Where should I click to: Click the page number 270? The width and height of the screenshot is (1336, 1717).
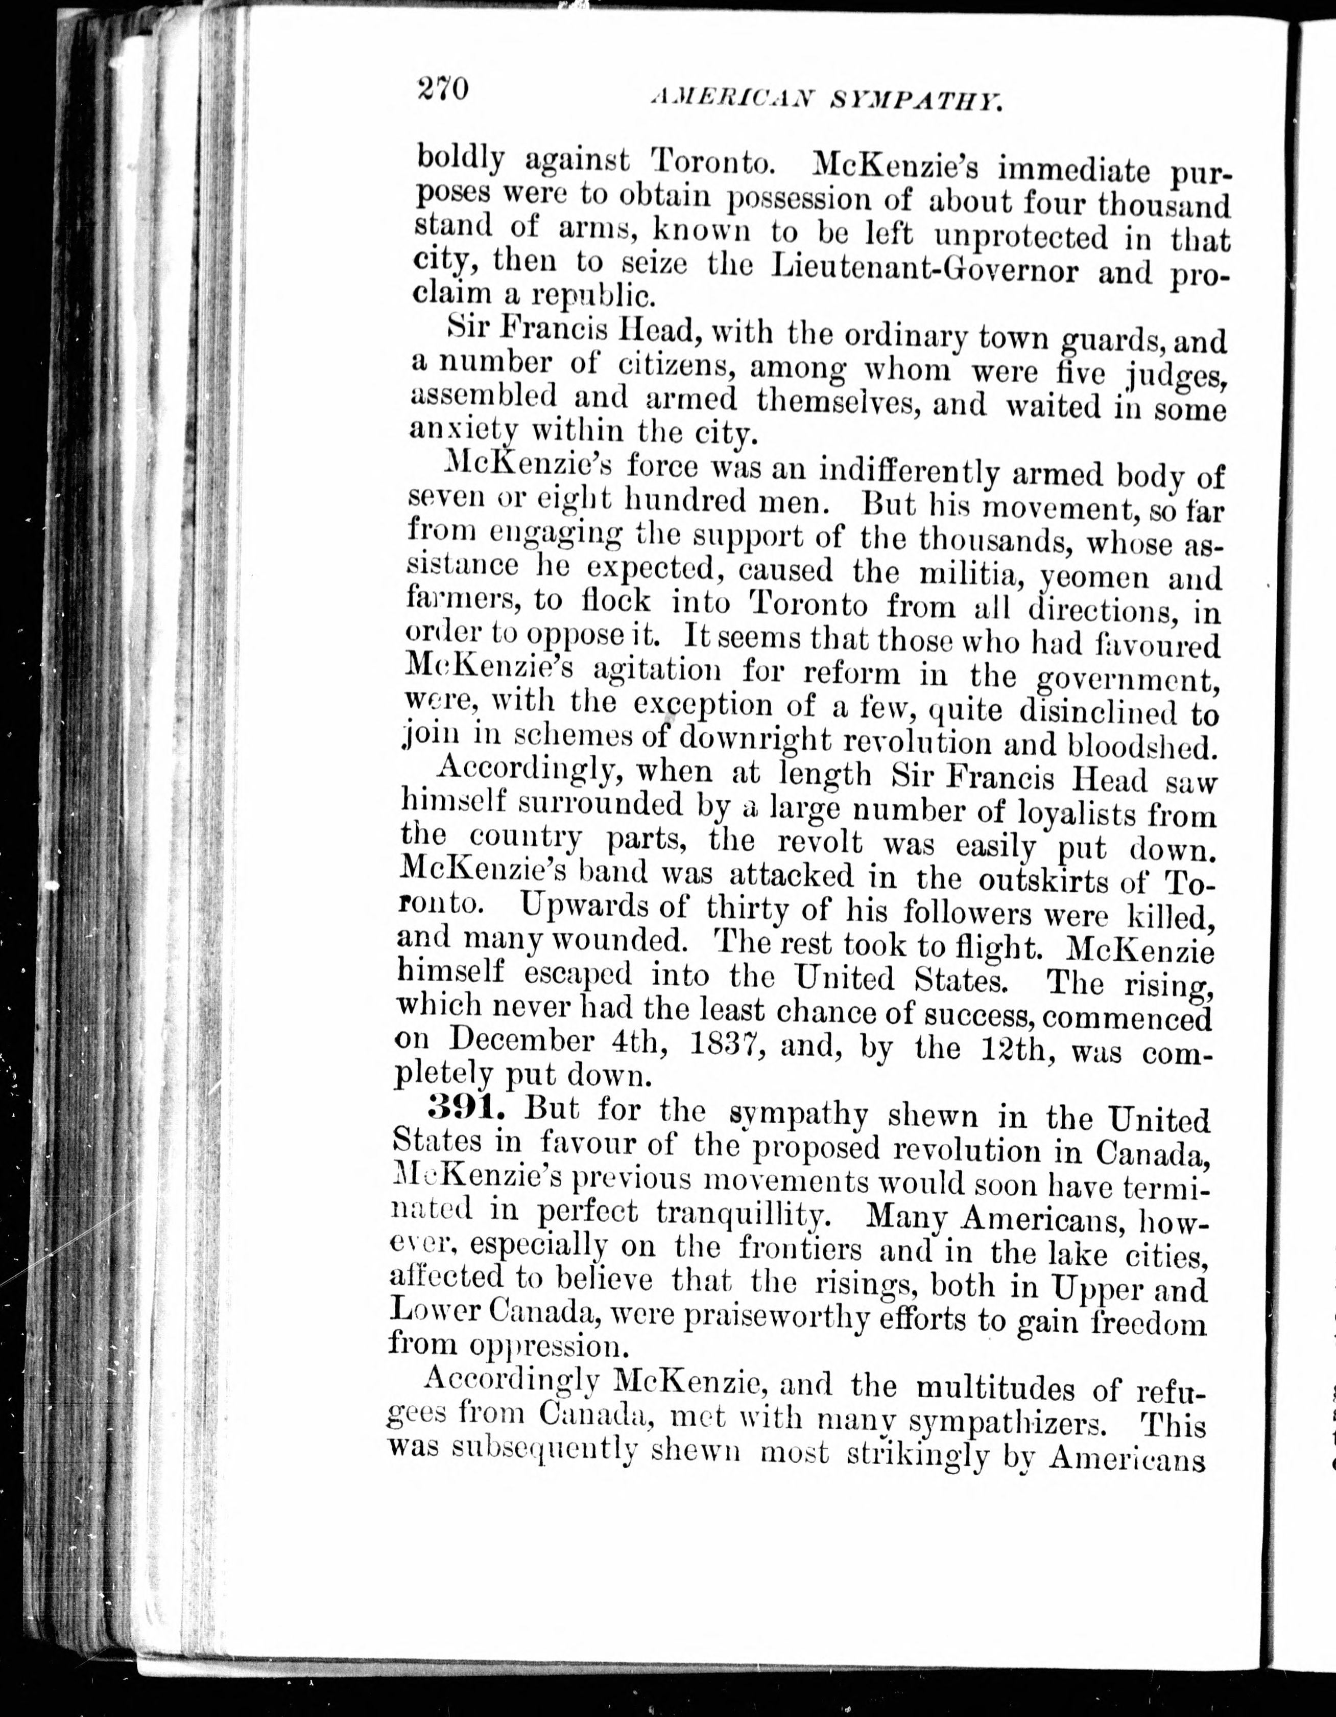[442, 88]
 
